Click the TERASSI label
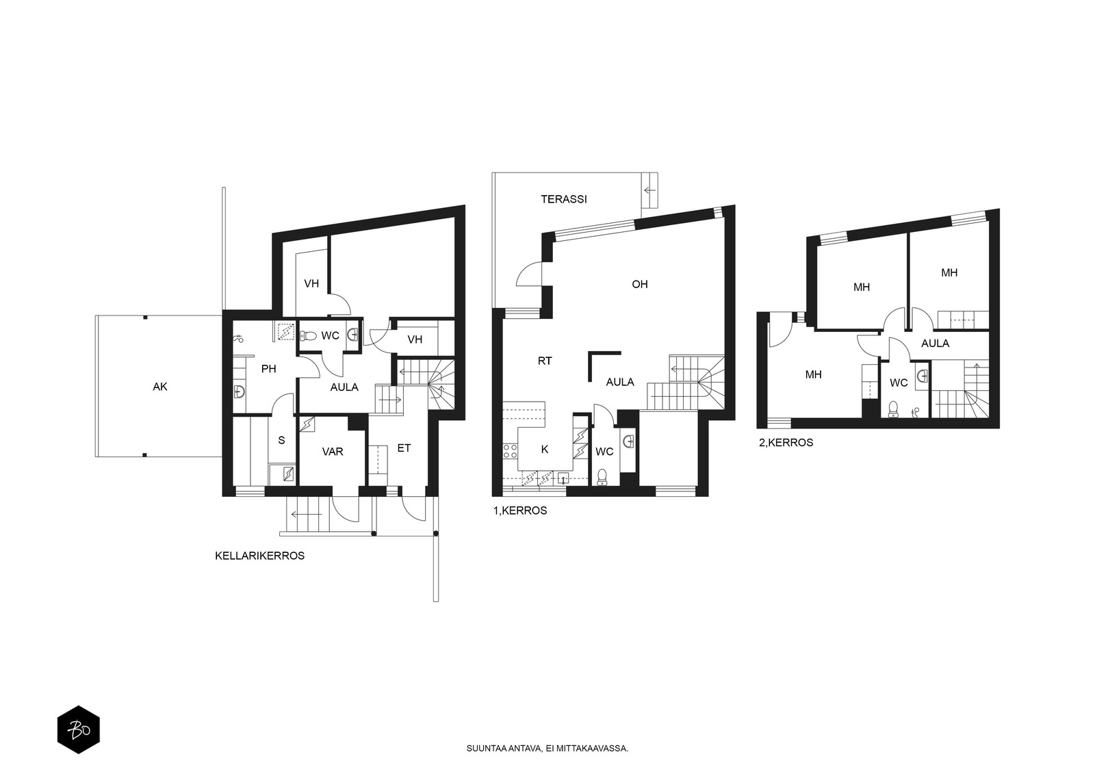coord(564,199)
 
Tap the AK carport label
coord(160,387)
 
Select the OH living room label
coord(639,284)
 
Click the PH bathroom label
coord(268,369)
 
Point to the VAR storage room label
coord(333,451)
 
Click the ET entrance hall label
coord(404,448)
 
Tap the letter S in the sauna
coord(281,440)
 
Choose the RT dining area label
coord(545,361)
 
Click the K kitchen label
coord(545,450)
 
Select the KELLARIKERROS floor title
coord(259,556)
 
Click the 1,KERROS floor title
coord(520,511)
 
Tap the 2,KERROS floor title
coord(786,443)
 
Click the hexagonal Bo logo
coord(79,730)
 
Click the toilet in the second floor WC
coord(893,409)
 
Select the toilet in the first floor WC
coord(602,477)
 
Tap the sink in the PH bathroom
coord(239,391)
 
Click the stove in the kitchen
coord(511,450)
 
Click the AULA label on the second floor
coord(935,344)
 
